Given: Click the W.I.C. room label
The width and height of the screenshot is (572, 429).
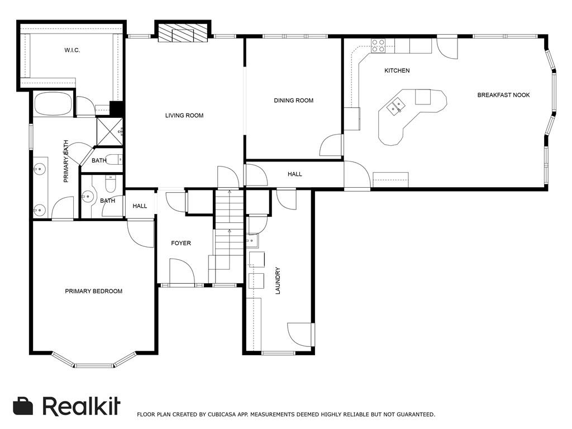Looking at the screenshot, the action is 72,50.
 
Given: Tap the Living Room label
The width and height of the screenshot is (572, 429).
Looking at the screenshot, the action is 184,116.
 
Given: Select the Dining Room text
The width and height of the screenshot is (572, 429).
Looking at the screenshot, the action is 294,101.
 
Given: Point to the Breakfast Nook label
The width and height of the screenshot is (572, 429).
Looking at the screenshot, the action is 503,95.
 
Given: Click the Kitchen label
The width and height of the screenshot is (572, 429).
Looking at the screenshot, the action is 397,71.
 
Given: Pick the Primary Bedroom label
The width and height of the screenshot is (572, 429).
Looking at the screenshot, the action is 94,292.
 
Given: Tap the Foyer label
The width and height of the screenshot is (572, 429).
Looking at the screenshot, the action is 181,244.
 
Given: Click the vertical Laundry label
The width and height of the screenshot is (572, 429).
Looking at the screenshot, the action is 278,280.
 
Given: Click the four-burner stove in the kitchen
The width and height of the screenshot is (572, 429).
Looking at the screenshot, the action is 378,46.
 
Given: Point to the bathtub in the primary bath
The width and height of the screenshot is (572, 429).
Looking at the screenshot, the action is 53,104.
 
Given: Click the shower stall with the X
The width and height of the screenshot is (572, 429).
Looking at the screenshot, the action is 110,131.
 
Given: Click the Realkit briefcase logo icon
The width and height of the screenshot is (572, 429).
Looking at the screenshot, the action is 23,406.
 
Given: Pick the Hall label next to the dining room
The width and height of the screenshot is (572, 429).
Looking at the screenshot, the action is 295,174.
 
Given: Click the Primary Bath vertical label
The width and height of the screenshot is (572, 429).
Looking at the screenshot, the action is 66,161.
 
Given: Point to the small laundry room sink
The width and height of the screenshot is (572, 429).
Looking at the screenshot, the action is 252,241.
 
